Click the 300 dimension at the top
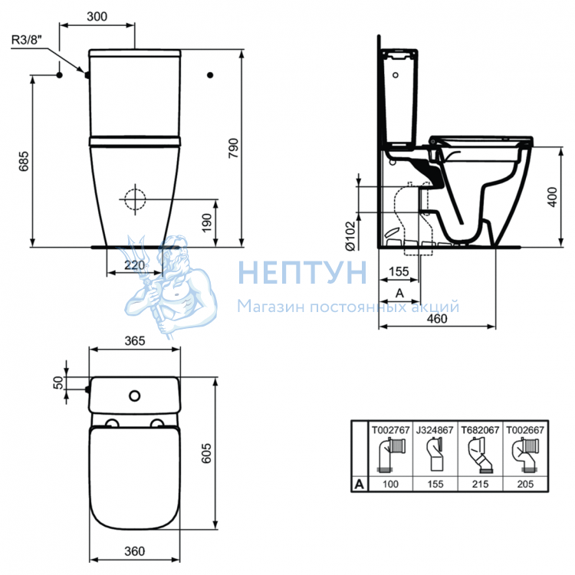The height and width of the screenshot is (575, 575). (x=97, y=17)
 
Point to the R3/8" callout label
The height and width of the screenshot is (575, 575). (x=27, y=40)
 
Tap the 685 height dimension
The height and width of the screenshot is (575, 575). (x=24, y=161)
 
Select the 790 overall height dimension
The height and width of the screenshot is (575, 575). (x=233, y=148)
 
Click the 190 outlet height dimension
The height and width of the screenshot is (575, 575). (x=207, y=222)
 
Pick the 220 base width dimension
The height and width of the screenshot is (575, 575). (x=134, y=264)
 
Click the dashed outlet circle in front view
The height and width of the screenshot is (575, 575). (x=135, y=199)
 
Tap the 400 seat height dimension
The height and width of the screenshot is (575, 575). (x=552, y=197)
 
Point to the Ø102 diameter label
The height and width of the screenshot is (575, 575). (x=351, y=236)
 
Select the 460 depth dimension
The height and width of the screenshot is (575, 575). (x=437, y=318)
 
